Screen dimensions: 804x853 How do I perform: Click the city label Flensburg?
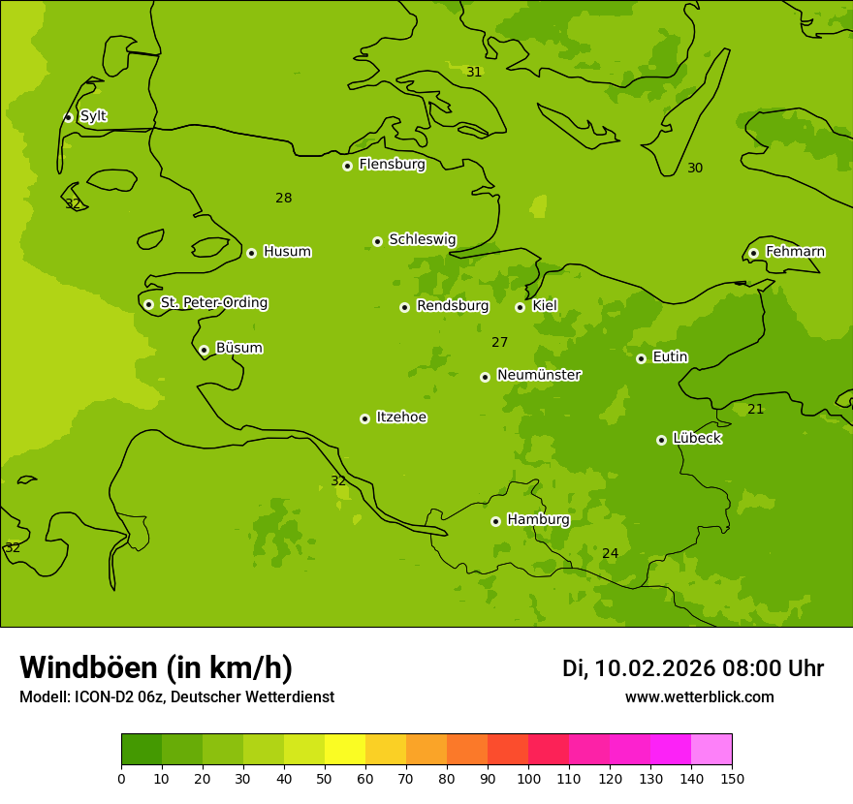click(392, 165)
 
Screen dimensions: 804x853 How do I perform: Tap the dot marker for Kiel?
click(520, 307)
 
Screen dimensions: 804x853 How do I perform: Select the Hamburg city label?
click(538, 520)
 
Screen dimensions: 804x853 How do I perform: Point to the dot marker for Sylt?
click(68, 117)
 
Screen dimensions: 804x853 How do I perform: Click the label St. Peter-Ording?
click(213, 303)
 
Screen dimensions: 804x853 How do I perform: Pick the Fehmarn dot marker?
click(753, 253)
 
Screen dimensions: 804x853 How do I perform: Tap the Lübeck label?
click(697, 439)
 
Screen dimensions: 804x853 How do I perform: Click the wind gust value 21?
click(755, 410)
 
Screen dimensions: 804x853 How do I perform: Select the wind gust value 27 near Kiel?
click(499, 343)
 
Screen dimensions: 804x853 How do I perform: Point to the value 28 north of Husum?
click(283, 199)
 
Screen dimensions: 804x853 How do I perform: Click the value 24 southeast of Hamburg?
click(610, 554)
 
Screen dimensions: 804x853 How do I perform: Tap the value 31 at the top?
click(474, 73)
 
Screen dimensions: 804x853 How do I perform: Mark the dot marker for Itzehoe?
click(364, 418)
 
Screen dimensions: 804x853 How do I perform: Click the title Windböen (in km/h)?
click(156, 667)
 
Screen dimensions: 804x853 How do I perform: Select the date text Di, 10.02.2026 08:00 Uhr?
click(692, 668)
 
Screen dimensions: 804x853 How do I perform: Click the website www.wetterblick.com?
click(699, 697)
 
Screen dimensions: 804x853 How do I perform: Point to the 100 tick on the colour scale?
click(528, 778)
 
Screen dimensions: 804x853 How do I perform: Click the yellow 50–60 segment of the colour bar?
click(345, 750)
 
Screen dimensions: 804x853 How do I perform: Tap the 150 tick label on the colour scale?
click(732, 778)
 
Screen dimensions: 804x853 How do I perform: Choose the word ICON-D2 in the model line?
click(104, 697)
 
